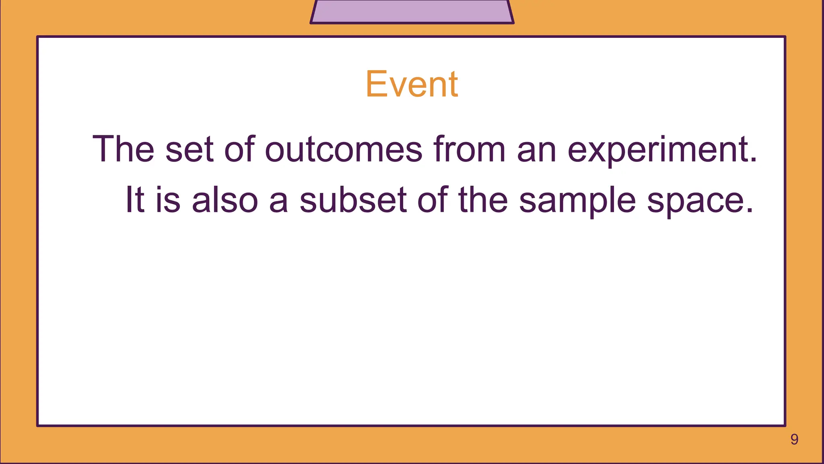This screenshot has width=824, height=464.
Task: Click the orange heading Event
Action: (x=412, y=84)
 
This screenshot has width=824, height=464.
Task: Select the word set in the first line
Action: (x=189, y=149)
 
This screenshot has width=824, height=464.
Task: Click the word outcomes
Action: (x=343, y=149)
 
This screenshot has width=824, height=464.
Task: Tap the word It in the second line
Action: (x=135, y=200)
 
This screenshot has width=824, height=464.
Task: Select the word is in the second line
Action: (x=168, y=200)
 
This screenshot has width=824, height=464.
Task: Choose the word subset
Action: (x=353, y=200)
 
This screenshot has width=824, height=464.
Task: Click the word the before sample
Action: (x=483, y=200)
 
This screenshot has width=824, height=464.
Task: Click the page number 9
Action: (x=794, y=439)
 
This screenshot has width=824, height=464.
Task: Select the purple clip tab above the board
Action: (x=412, y=11)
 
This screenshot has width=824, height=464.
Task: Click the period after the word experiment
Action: (x=753, y=160)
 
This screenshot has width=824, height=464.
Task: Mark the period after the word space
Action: (x=749, y=211)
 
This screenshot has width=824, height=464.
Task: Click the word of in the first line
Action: (x=239, y=149)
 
